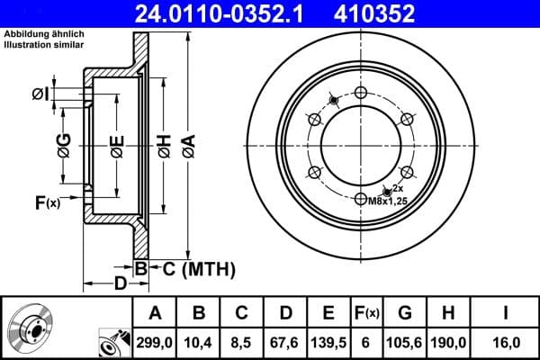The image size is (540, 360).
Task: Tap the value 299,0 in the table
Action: tap(154, 343)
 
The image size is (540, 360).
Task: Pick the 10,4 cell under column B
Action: tap(200, 343)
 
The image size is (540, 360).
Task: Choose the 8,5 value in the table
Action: tap(241, 343)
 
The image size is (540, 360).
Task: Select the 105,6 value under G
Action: tap(404, 343)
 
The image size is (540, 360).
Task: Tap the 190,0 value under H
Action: tap(449, 343)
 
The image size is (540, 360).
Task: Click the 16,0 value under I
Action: tap(506, 343)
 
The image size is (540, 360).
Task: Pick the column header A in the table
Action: tap(154, 312)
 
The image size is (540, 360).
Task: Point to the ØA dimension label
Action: tap(188, 144)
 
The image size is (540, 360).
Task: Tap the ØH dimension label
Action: tap(164, 144)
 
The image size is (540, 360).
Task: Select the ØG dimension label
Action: tap(64, 144)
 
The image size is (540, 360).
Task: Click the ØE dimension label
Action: tap(116, 144)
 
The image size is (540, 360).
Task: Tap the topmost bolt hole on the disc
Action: tap(361, 93)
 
